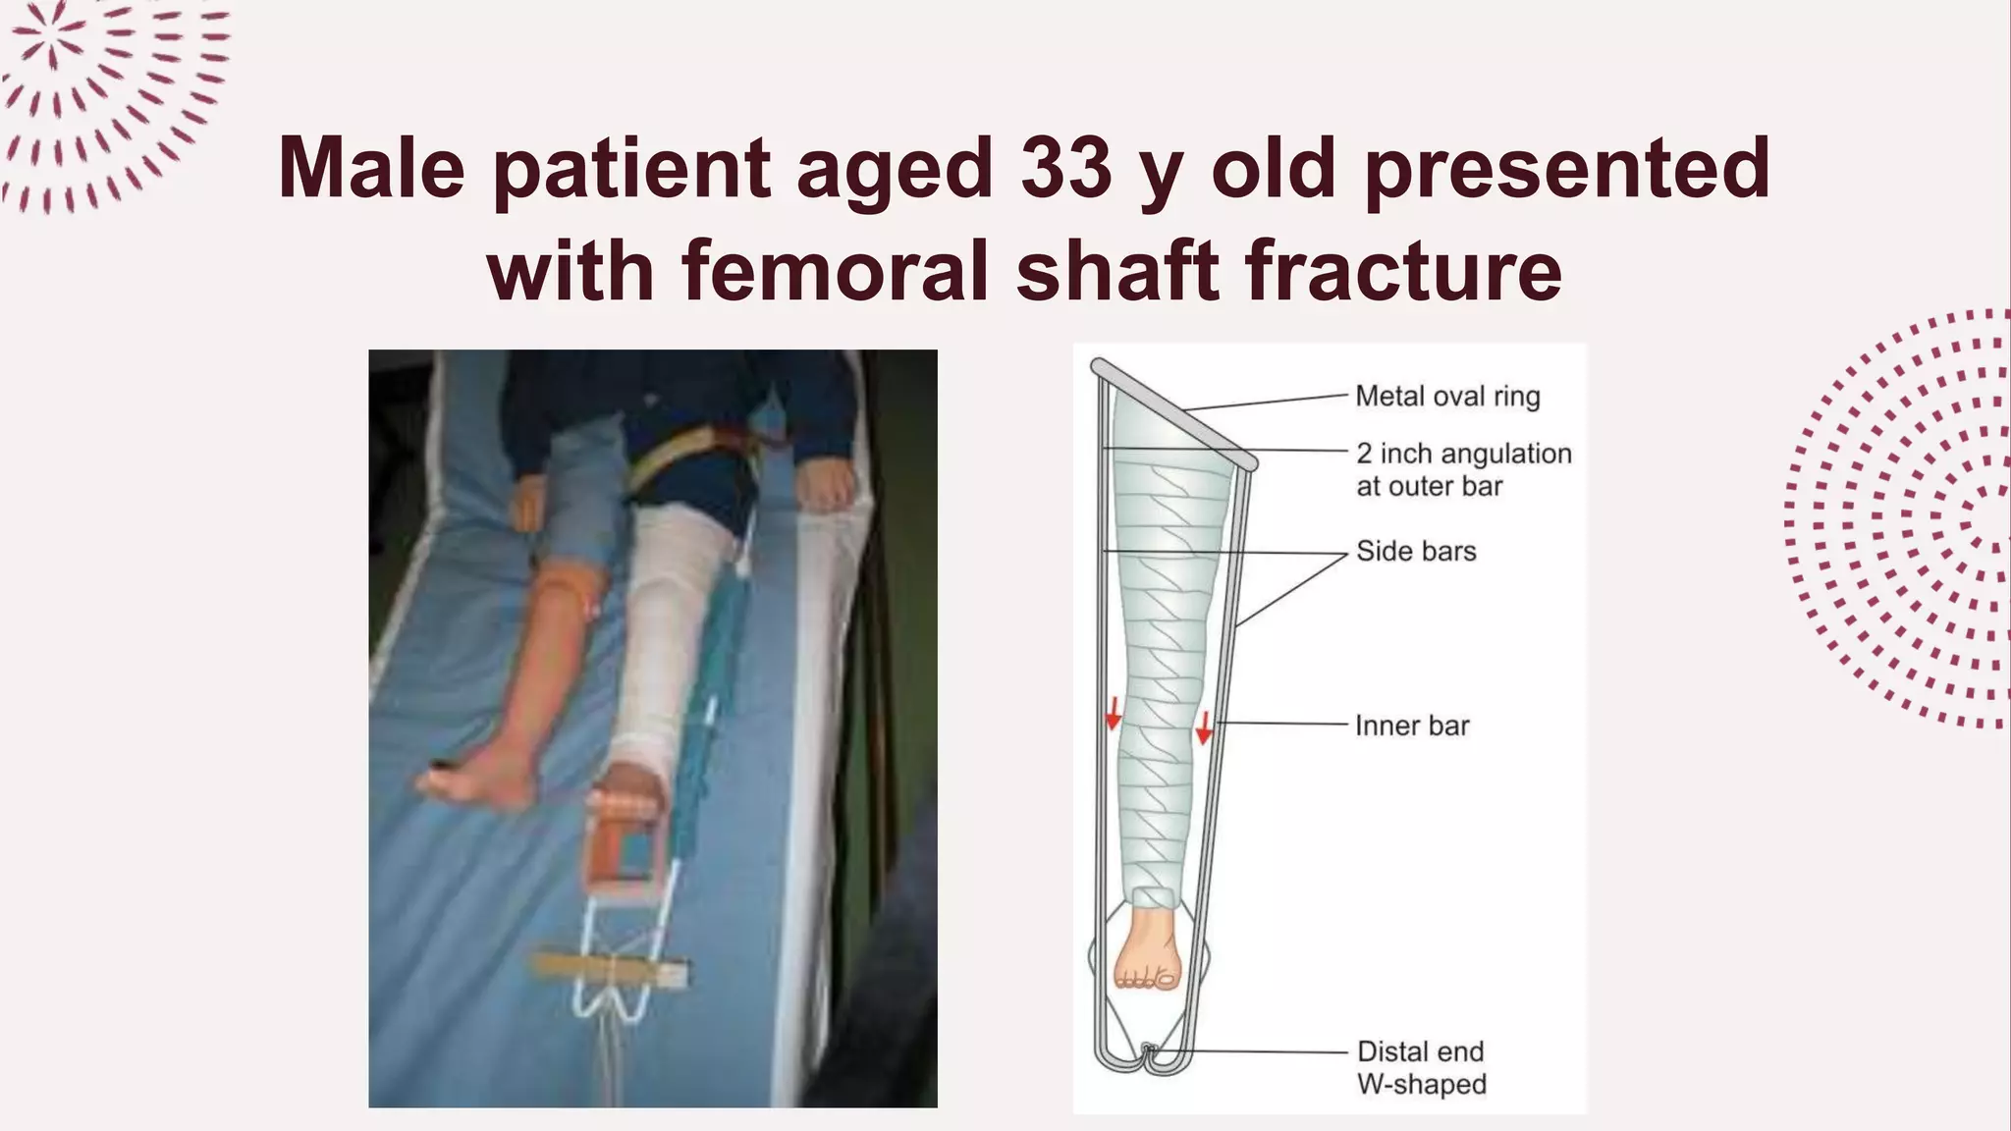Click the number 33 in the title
1065,167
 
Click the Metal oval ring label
1447,397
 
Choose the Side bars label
1416,551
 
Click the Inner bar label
1412,726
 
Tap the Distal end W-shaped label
1421,1067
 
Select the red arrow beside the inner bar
1204,727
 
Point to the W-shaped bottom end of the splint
1149,1059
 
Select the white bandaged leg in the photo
668,628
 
